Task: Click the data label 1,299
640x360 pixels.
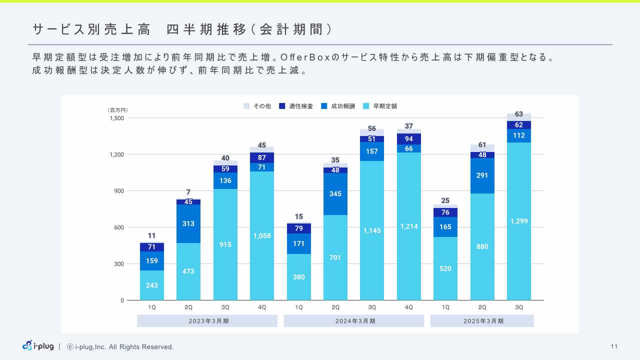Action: (519, 221)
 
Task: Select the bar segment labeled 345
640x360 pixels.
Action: (335, 194)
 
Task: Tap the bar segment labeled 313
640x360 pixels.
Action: (188, 223)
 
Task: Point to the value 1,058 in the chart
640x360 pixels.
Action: (262, 235)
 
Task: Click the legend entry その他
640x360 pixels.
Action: (258, 106)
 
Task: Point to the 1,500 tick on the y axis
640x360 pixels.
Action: (117, 118)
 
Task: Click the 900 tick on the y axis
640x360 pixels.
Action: (119, 191)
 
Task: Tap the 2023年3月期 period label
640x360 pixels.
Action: (207, 321)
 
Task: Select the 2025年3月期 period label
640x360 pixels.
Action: (482, 321)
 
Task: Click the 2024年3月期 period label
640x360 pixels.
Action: (354, 321)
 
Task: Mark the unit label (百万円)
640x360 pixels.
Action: (117, 110)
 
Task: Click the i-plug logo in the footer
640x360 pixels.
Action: (38, 346)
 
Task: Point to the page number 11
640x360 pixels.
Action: (614, 346)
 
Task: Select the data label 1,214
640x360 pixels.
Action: (409, 226)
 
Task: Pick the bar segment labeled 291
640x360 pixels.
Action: (482, 175)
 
